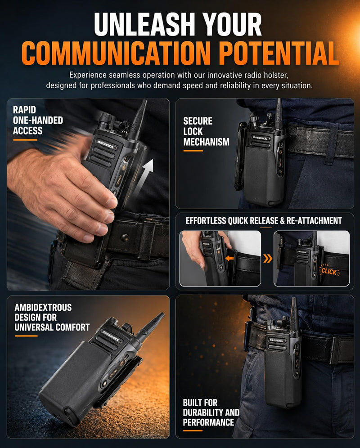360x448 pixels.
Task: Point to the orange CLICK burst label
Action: point(329,271)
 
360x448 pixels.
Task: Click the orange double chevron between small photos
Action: point(267,259)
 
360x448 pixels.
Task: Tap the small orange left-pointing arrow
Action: point(229,258)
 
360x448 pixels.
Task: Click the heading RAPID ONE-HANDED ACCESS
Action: point(38,120)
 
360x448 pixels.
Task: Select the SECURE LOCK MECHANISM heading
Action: point(206,131)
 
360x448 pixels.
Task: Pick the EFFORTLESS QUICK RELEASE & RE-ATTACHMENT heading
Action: point(264,220)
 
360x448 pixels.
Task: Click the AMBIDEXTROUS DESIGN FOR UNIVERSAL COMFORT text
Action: point(52,317)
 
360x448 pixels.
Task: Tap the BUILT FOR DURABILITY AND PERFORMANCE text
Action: point(211,412)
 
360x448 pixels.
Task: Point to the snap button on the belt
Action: point(124,237)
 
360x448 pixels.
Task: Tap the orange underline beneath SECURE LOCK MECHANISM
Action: point(193,151)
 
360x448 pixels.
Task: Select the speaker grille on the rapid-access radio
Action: point(100,156)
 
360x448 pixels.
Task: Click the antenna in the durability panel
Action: point(294,313)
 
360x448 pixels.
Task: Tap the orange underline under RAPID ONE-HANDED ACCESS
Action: point(25,140)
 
